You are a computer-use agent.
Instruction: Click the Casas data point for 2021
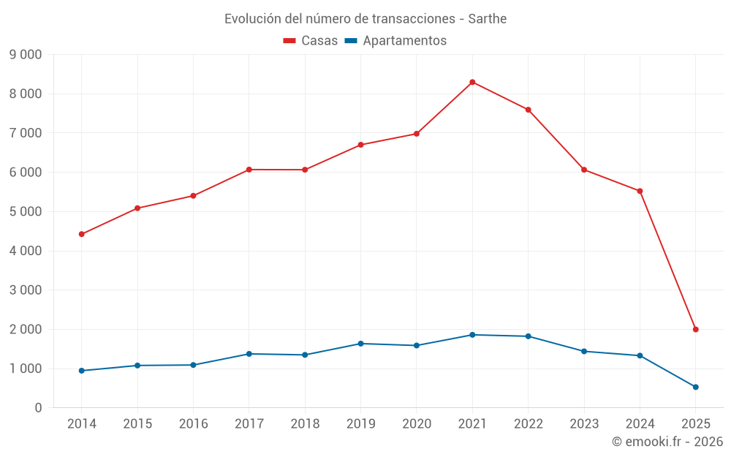(472, 82)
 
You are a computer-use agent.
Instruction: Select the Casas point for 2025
(695, 329)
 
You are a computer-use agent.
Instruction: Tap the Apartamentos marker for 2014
(81, 371)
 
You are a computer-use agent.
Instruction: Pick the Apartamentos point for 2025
(695, 387)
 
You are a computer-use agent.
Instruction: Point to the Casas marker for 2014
(81, 234)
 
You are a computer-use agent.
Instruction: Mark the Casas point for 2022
(528, 110)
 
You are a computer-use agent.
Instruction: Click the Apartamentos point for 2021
(472, 335)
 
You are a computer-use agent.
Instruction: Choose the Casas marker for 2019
(360, 145)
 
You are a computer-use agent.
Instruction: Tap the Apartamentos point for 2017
(249, 354)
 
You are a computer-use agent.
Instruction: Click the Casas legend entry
(311, 41)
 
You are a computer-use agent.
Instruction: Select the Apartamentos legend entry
(395, 41)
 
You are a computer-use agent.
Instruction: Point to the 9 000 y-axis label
(26, 55)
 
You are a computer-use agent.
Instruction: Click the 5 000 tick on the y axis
(26, 211)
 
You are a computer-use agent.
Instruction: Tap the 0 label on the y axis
(38, 408)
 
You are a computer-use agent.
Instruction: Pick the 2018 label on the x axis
(305, 424)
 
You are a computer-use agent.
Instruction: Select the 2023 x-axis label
(584, 424)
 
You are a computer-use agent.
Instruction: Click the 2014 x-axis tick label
(81, 424)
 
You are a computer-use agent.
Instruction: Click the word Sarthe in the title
(487, 18)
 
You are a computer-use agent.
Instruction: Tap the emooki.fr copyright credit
(667, 442)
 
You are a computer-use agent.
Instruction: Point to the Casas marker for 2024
(640, 191)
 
